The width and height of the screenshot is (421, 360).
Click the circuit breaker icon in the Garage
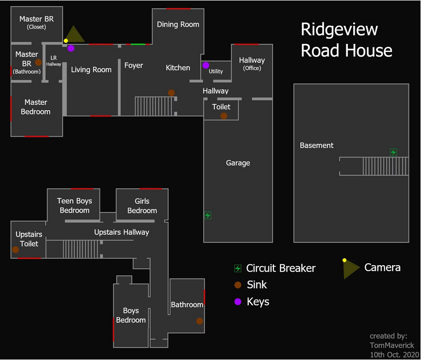coord(208,215)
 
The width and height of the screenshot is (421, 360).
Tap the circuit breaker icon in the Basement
coord(393,152)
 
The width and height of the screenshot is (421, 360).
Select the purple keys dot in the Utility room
coord(206,65)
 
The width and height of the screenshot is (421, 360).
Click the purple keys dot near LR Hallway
coord(71,48)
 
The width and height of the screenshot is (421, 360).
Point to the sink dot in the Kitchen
coord(171,93)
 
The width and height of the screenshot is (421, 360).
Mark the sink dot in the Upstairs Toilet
coord(16,250)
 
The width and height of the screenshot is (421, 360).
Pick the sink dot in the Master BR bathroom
coord(38,63)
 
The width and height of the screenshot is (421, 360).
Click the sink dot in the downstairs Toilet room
coord(224,116)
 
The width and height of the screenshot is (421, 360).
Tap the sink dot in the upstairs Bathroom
coord(200,321)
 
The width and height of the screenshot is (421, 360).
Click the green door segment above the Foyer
coord(138,45)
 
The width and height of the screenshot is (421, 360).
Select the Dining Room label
coord(178,24)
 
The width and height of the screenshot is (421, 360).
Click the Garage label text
coord(238,163)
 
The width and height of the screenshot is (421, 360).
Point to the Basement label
coord(316,146)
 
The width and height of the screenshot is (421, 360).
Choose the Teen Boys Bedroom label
coord(75,206)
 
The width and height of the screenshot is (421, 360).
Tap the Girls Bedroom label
coord(142,206)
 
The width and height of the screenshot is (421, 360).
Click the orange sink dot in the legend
coord(238,285)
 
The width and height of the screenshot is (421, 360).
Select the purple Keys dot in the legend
coord(238,302)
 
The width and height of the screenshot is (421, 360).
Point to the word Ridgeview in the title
coord(339,29)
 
